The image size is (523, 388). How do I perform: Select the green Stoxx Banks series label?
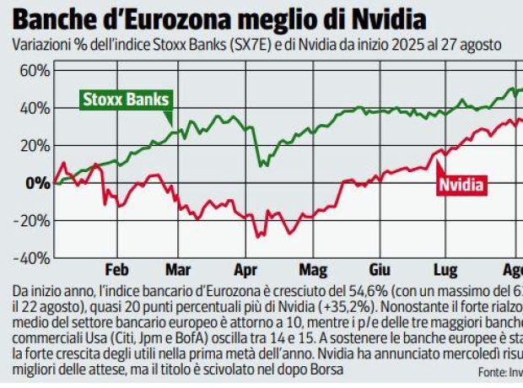pos(127,100)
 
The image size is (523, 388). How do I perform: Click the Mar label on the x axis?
pos(178,271)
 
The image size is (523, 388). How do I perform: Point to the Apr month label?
pos(244,271)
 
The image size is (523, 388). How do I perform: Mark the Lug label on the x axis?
pos(444,271)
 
